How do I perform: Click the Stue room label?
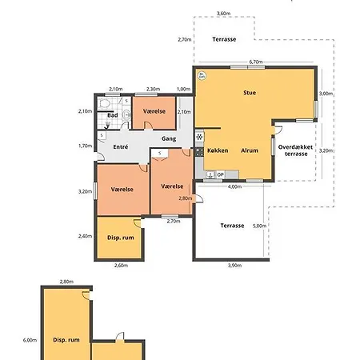[x=250, y=93]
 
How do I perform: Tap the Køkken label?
[x=218, y=150]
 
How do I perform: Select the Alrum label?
[x=250, y=150]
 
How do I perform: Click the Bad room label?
[x=113, y=115]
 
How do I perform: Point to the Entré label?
[x=121, y=147]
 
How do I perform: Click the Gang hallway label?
[x=169, y=138]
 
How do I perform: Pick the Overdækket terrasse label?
[x=295, y=150]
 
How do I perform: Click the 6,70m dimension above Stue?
[x=256, y=62]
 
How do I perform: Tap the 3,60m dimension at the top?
[x=223, y=13]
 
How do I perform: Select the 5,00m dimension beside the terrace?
[x=259, y=226]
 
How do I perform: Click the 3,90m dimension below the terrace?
[x=235, y=266]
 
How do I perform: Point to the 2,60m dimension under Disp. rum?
[x=121, y=266]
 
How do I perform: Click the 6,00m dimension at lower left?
[x=30, y=340]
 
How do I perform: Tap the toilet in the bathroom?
[x=104, y=103]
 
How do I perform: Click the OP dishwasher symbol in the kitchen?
[x=220, y=174]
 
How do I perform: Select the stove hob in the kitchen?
[x=199, y=152]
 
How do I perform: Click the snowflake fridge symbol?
[x=199, y=137]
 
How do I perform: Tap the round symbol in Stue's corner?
[x=202, y=76]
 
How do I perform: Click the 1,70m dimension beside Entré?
[x=85, y=146]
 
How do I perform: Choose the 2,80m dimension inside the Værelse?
[x=186, y=198]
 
